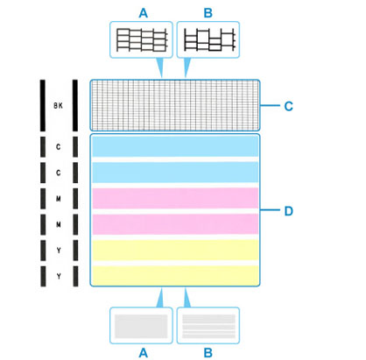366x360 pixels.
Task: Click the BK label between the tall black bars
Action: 58,105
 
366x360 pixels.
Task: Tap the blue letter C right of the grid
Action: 288,106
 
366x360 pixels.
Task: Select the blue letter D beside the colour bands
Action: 289,211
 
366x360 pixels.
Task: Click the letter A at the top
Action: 144,13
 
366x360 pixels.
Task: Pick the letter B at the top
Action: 208,13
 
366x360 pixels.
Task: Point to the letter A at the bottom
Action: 144,353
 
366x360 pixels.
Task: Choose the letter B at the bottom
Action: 208,353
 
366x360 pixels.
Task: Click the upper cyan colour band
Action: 175,146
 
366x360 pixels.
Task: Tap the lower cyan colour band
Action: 175,173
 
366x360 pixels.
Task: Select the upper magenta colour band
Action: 175,198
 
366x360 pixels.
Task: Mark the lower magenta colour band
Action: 175,224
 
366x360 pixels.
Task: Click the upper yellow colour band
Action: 175,250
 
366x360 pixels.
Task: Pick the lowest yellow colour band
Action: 175,276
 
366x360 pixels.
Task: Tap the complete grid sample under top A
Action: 142,39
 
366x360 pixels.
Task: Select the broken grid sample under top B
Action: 209,39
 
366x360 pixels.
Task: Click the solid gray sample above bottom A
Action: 141,326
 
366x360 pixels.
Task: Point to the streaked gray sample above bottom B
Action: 208,326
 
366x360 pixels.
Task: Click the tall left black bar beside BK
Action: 43,105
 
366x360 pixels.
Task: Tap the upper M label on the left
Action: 59,199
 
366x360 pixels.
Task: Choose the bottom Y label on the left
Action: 59,276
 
